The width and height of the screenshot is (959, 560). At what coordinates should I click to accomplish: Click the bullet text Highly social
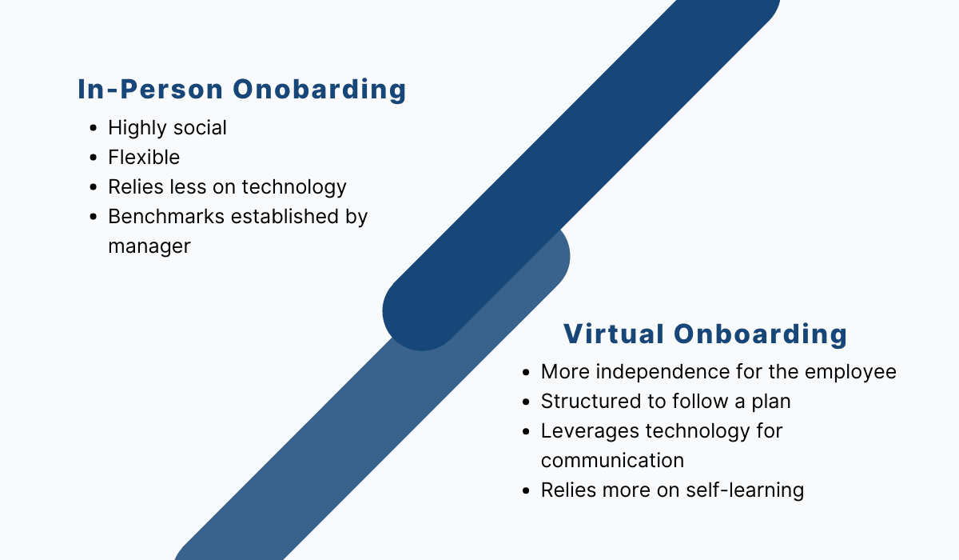point(167,128)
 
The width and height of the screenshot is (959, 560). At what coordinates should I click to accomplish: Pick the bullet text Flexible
point(144,158)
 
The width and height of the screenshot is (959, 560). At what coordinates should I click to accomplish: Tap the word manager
point(149,246)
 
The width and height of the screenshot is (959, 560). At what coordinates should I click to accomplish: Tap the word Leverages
point(590,431)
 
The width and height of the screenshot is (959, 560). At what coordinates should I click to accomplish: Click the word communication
point(612,461)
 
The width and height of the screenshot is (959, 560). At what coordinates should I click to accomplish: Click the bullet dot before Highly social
point(94,128)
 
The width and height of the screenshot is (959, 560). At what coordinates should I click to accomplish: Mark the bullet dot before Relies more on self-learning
point(526,490)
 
